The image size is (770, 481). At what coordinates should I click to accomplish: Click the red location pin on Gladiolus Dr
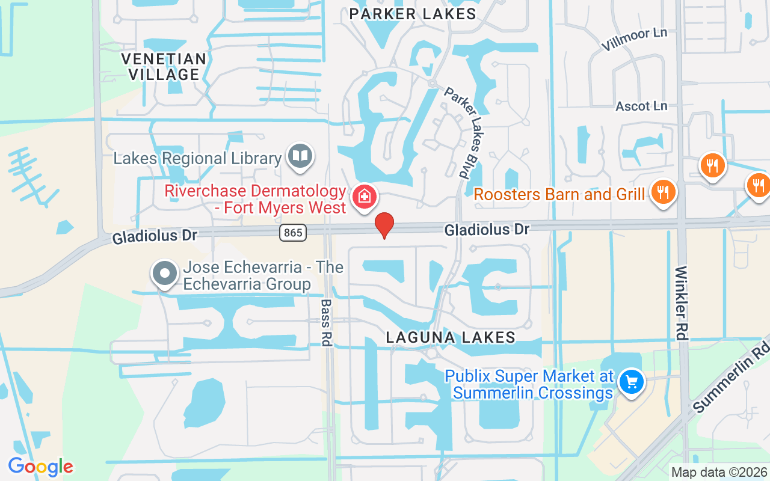(x=384, y=225)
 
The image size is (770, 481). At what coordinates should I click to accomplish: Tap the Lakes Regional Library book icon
(x=300, y=156)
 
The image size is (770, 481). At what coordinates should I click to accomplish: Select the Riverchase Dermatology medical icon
(x=364, y=197)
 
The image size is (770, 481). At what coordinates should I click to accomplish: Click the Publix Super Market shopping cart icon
(x=631, y=381)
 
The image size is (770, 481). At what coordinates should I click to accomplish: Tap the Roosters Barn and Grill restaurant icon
(x=663, y=192)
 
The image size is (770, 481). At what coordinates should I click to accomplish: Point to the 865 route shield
(x=293, y=232)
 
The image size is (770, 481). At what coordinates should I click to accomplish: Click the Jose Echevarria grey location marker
(x=165, y=274)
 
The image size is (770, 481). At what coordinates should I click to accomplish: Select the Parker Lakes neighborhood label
(x=413, y=14)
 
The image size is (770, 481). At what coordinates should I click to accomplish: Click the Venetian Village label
(x=164, y=67)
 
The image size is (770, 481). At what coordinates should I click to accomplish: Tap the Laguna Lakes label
(x=451, y=337)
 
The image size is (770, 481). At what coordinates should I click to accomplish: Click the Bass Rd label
(x=327, y=323)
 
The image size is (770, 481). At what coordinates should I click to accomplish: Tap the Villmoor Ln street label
(x=634, y=39)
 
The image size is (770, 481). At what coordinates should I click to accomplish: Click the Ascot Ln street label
(x=641, y=106)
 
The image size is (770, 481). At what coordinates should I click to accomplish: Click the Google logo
(x=40, y=466)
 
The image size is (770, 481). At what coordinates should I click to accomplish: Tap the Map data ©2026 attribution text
(x=719, y=473)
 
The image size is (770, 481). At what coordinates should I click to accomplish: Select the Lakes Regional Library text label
(x=197, y=159)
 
